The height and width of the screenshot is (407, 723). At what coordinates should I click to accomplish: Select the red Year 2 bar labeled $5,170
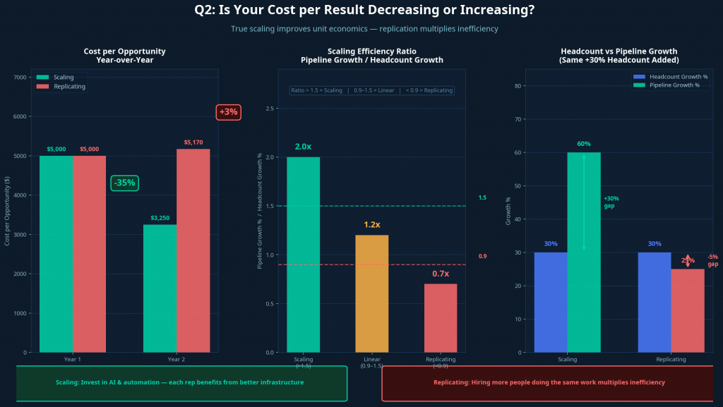[193, 250]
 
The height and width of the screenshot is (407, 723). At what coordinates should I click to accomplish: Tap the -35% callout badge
[124, 183]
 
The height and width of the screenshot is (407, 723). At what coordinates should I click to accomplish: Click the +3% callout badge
[228, 112]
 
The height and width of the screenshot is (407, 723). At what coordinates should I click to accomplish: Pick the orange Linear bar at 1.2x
[371, 293]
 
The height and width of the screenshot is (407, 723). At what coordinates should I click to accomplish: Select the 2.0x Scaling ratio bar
[303, 254]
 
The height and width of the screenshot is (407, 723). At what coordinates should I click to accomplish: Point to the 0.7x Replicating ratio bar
[441, 317]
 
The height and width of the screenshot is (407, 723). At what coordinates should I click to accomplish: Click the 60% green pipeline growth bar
[584, 252]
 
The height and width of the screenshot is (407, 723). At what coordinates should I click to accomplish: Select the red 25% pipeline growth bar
[688, 310]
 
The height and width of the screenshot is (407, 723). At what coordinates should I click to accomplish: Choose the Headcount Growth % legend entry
[674, 76]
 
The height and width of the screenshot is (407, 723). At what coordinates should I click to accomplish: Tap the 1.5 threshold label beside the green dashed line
[482, 198]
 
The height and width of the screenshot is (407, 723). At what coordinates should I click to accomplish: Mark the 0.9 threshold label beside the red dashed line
[482, 256]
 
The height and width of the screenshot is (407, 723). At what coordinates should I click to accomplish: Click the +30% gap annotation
[611, 202]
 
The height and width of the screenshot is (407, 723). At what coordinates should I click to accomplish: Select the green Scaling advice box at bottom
[181, 383]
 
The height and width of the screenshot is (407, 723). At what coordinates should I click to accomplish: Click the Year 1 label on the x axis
[73, 360]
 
